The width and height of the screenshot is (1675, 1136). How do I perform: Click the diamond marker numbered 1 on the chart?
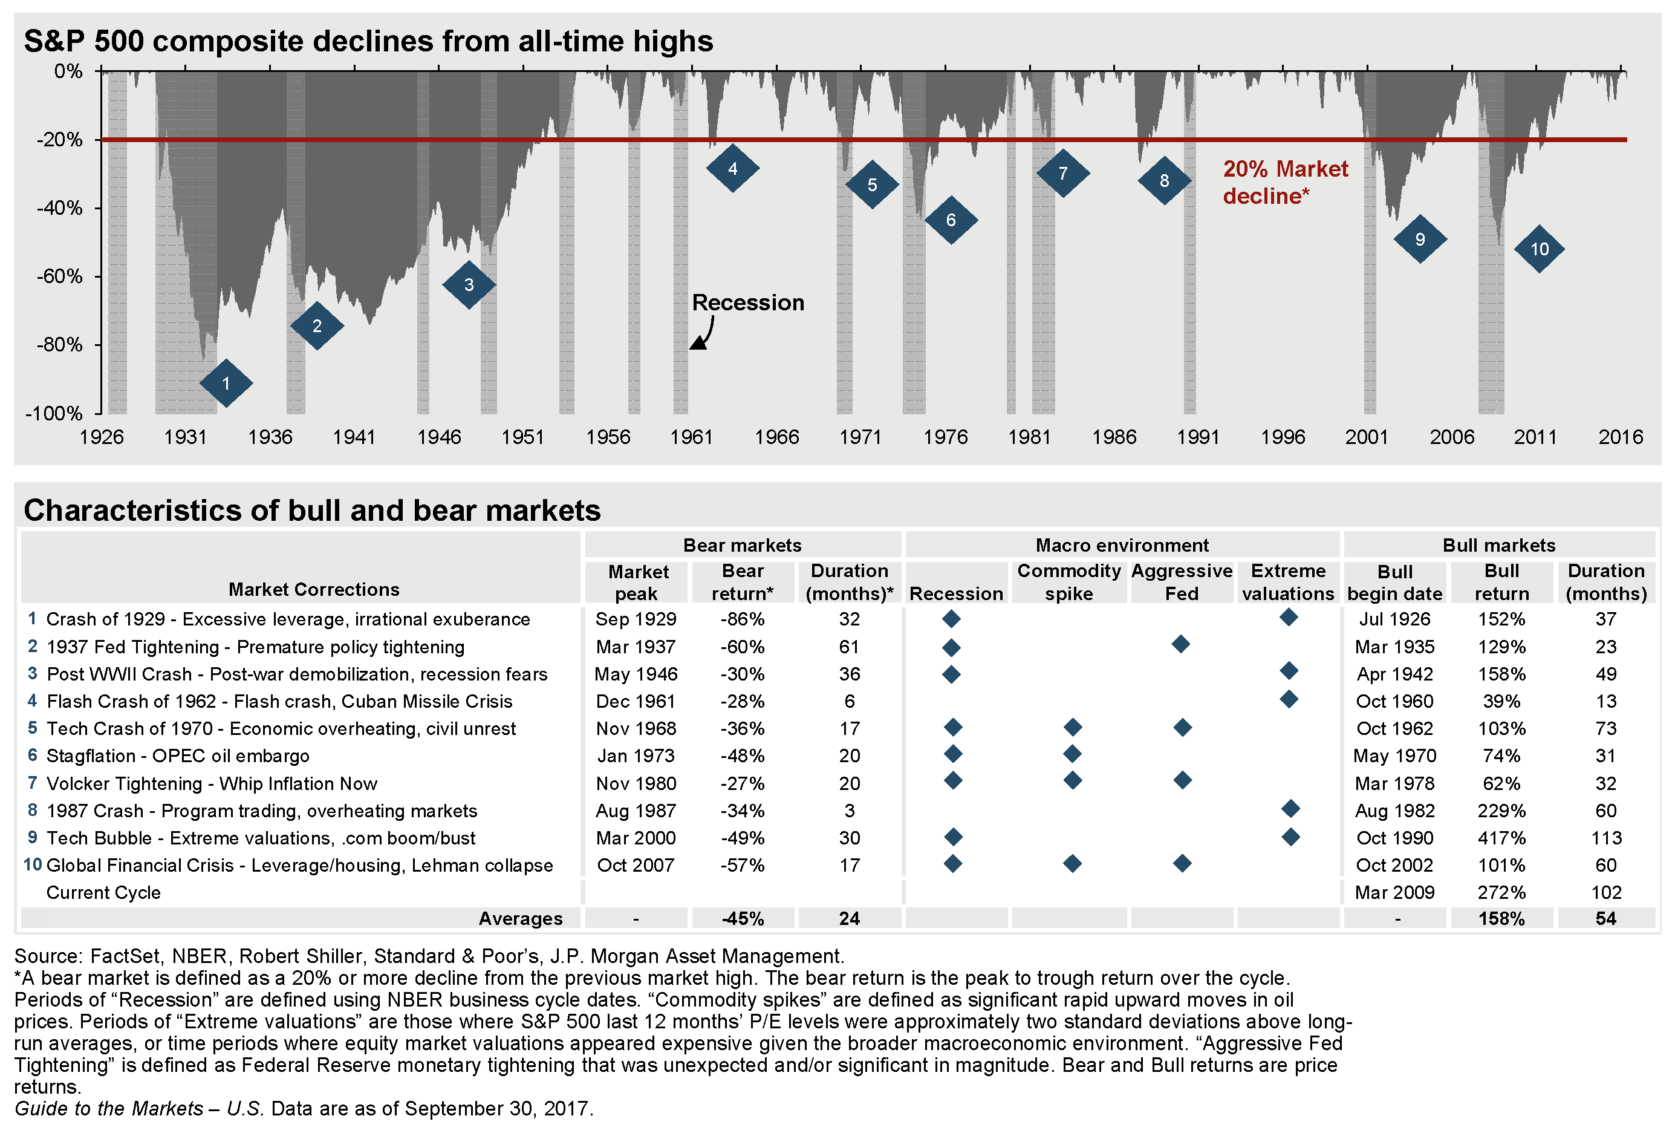(226, 384)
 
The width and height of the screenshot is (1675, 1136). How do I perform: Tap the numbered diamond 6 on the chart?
(951, 220)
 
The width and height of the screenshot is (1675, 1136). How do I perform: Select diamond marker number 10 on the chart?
(1539, 249)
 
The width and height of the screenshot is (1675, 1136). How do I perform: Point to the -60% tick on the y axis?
(60, 276)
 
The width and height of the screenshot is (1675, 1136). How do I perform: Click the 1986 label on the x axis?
(1114, 437)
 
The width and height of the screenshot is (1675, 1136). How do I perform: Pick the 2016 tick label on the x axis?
(1620, 437)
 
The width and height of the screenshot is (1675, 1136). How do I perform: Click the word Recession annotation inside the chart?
(747, 302)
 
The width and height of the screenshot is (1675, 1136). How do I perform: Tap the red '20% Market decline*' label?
(1284, 181)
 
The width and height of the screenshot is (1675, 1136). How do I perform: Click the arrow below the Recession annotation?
(703, 336)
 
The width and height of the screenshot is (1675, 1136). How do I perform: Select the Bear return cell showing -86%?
(743, 619)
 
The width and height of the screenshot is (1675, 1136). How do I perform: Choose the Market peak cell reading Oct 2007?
(636, 865)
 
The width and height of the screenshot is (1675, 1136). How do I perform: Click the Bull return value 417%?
(1501, 838)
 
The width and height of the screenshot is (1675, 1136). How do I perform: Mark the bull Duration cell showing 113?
(1606, 838)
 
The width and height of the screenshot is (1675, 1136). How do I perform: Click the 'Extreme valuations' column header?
(1288, 582)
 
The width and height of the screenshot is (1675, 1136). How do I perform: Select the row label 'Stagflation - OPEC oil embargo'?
(177, 756)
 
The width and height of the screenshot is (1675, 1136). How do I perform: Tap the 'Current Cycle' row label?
(103, 892)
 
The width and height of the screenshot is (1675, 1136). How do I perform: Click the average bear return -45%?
(743, 919)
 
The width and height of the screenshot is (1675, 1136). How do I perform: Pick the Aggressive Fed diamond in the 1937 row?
(1180, 644)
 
